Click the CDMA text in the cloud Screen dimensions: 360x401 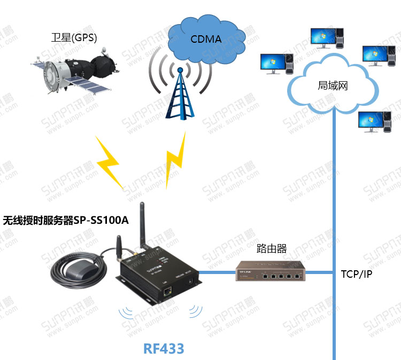[206, 39]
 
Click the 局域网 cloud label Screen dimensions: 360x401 [333, 85]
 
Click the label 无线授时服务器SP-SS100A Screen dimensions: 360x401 [66, 220]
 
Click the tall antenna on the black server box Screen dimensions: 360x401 [143, 227]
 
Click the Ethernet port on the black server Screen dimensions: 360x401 [168, 291]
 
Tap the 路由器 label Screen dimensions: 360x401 [272, 248]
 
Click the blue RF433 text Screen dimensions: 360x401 [164, 349]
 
